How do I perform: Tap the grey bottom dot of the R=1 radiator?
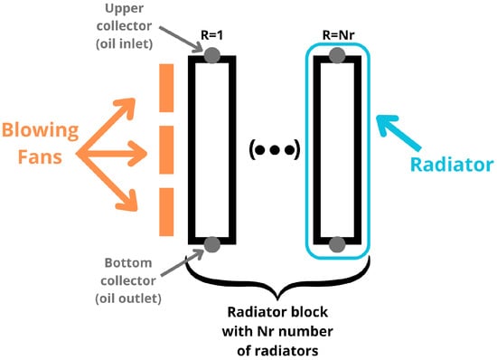(211, 244)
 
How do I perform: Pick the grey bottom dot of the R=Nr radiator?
(336, 244)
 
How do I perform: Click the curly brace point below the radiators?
(276, 288)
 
